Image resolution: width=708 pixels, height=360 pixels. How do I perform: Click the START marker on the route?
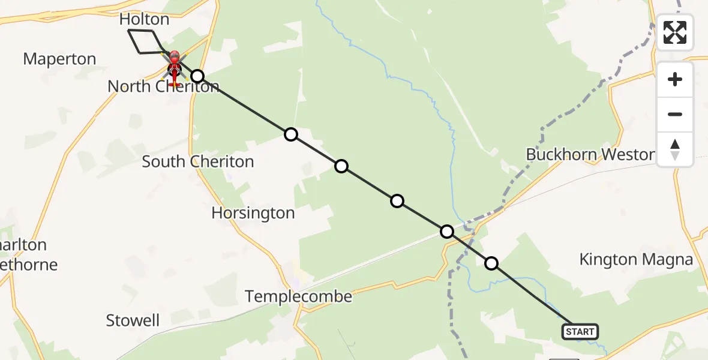(580, 331)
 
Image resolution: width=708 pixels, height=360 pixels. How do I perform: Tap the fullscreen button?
(675, 32)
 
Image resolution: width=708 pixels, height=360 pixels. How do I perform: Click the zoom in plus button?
(675, 79)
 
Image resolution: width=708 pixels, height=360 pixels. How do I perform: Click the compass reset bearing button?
(675, 149)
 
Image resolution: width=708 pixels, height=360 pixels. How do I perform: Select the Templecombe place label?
(298, 296)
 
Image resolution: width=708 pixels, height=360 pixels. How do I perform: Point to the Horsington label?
(253, 213)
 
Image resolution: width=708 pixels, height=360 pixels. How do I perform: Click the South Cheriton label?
(198, 161)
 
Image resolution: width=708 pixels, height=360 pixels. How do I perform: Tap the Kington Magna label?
(636, 260)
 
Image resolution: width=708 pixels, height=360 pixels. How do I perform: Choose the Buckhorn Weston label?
(590, 155)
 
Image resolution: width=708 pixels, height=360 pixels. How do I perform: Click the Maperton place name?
(59, 59)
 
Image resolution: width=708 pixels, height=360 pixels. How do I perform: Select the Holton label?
(144, 19)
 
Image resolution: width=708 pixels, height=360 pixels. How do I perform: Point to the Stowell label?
(133, 320)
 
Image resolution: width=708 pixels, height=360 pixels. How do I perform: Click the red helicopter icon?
(174, 62)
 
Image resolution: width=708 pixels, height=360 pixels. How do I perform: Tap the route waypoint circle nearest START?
(491, 263)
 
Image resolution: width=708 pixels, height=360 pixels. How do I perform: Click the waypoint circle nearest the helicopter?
(197, 76)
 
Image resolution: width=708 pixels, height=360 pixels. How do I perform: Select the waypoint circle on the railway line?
(446, 231)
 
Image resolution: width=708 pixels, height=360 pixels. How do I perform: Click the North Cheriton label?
(163, 86)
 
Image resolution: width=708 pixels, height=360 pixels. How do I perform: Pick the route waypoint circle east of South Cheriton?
(291, 134)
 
